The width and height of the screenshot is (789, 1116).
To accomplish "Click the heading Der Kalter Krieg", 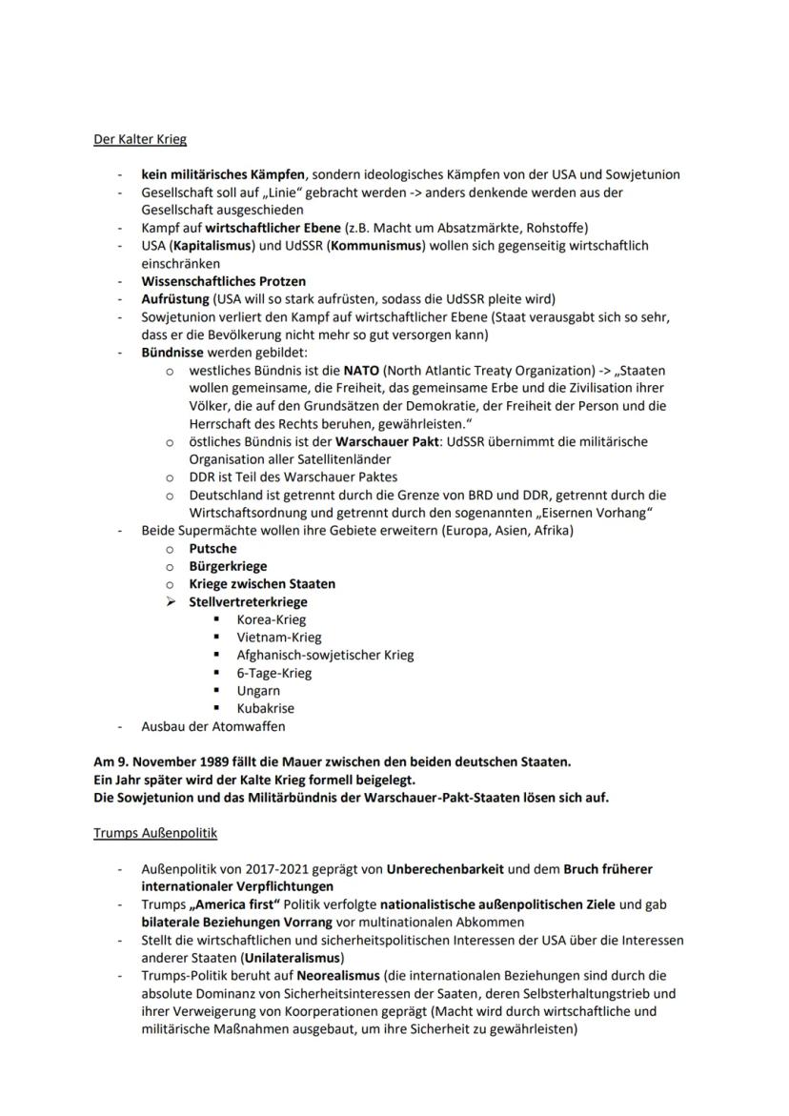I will pyautogui.click(x=139, y=139).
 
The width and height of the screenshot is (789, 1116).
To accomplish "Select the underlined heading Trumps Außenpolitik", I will pyautogui.click(x=154, y=833).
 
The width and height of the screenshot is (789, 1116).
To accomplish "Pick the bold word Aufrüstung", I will pyautogui.click(x=174, y=298).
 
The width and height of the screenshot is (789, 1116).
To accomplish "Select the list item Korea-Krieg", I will pyautogui.click(x=271, y=619).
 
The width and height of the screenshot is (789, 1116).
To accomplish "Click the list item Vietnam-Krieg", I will pyautogui.click(x=278, y=637).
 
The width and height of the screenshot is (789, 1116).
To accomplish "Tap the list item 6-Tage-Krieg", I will pyautogui.click(x=273, y=673).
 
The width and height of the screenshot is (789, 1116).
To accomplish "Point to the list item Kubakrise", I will pyautogui.click(x=265, y=708).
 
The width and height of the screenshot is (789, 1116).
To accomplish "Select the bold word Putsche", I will pyautogui.click(x=212, y=548).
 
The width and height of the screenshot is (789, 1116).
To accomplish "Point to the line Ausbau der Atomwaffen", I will pyautogui.click(x=212, y=726).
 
